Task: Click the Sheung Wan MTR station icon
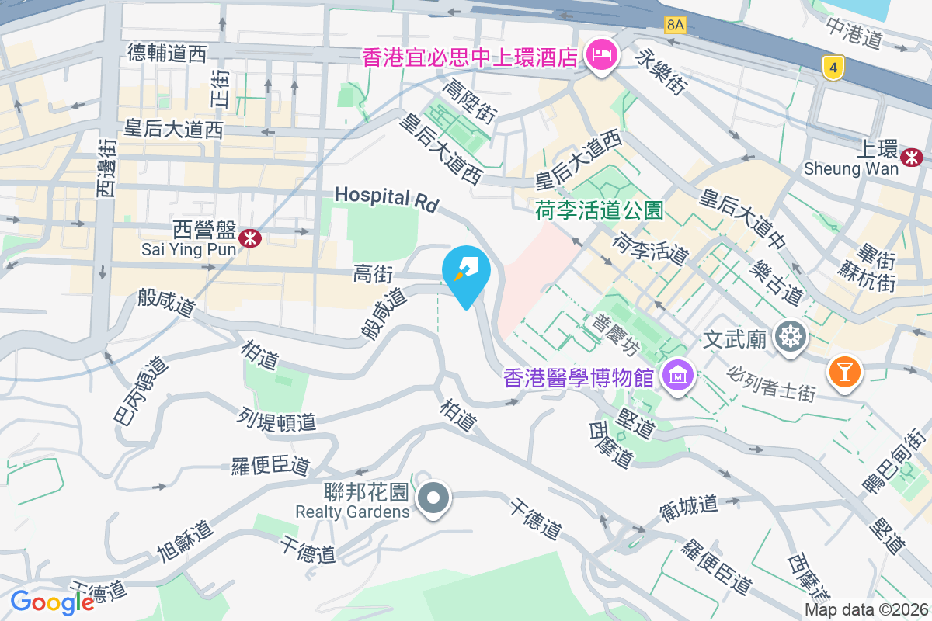(911, 158)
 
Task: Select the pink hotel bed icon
(600, 55)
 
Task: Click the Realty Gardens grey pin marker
(433, 499)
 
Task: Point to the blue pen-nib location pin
(466, 272)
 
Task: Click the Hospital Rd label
(387, 198)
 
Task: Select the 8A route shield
(676, 25)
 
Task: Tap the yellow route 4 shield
(833, 68)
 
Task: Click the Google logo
(53, 602)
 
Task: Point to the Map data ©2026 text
(867, 610)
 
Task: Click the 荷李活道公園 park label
(599, 210)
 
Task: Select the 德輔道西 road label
(167, 53)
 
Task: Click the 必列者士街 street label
(772, 383)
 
